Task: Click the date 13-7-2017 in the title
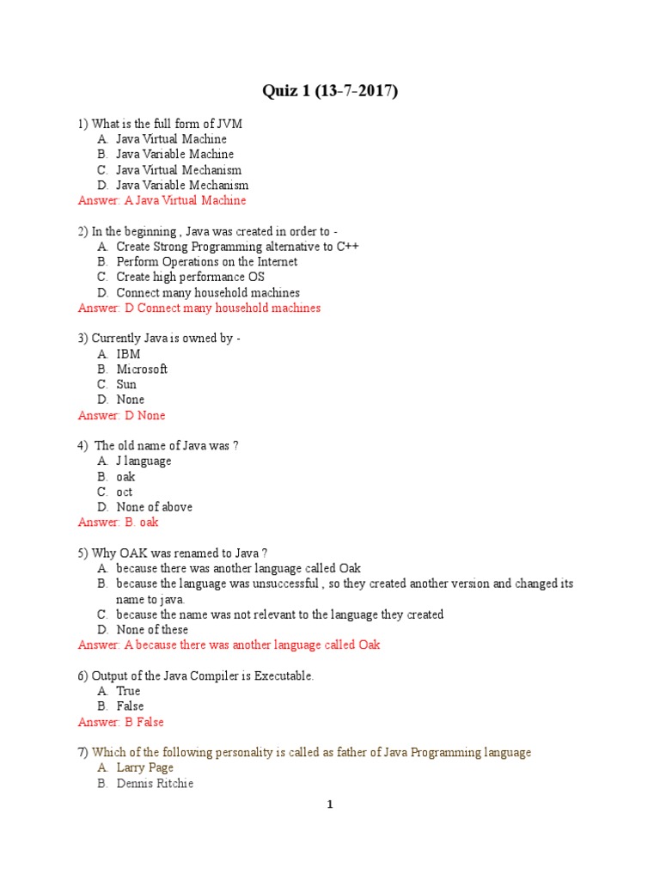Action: [353, 92]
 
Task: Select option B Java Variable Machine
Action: [174, 155]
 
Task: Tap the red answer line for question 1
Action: [162, 200]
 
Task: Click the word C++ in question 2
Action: [347, 247]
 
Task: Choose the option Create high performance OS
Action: [190, 278]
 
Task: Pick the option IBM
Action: [128, 354]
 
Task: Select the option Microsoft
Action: [142, 370]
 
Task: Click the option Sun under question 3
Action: [126, 385]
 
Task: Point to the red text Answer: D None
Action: [121, 416]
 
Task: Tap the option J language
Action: [144, 461]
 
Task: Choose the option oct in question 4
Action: [125, 492]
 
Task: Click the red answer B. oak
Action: [118, 522]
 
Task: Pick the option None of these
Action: [152, 630]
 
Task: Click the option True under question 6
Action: [128, 691]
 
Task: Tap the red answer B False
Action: [120, 723]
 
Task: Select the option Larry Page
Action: [144, 768]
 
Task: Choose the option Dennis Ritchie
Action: [155, 784]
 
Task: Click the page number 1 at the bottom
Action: [329, 805]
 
